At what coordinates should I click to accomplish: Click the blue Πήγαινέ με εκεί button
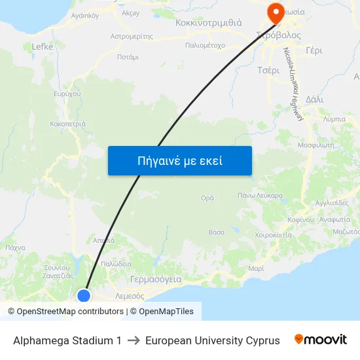point(179,160)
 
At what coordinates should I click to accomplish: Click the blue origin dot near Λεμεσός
point(84,296)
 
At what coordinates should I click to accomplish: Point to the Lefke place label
point(43,46)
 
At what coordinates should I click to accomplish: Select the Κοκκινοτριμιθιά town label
point(209,22)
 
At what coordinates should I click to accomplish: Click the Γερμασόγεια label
point(156,278)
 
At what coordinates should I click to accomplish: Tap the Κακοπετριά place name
point(67,123)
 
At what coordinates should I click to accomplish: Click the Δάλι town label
point(314,99)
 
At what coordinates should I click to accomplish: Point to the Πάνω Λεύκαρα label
point(260,195)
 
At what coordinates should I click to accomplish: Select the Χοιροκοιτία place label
point(273,234)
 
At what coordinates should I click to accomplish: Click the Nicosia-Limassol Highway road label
point(292,83)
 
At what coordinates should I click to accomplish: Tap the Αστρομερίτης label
point(132,36)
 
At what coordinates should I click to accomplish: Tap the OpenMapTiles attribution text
point(166,312)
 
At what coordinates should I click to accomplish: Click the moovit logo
point(321,340)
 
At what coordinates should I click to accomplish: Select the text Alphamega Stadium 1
point(67,340)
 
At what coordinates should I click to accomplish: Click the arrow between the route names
point(134,340)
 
